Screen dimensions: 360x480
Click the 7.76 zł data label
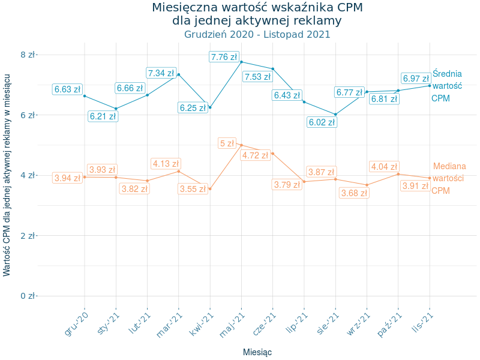(224, 57)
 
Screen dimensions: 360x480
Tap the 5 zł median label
(227, 143)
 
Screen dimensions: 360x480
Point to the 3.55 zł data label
(193, 188)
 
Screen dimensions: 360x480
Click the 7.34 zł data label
(161, 73)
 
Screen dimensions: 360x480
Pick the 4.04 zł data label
(383, 167)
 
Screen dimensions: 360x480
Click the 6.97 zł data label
(416, 79)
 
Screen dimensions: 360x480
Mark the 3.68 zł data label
(353, 193)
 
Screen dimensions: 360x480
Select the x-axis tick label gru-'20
(76, 325)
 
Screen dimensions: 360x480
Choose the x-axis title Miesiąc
(257, 352)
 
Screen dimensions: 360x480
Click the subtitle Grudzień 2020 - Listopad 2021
(257, 34)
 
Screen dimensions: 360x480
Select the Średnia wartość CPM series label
(447, 86)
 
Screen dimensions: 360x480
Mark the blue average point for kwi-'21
(210, 107)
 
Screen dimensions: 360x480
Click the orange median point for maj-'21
(241, 145)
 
